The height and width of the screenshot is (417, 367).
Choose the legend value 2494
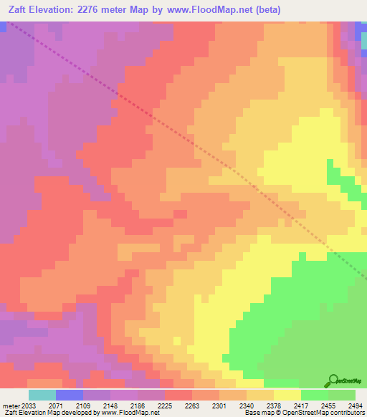(x=356, y=405)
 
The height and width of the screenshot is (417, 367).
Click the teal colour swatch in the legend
(x=42, y=395)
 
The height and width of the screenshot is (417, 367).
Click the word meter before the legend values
(x=11, y=405)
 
